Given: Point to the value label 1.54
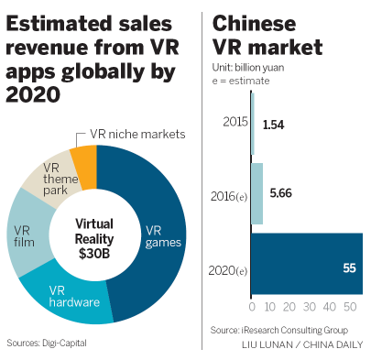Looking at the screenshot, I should pyautogui.click(x=273, y=123).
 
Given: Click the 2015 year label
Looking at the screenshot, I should pyautogui.click(x=234, y=121).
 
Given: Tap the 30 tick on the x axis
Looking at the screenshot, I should pyautogui.click(x=305, y=306).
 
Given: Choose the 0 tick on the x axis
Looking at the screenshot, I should pyautogui.click(x=252, y=306).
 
